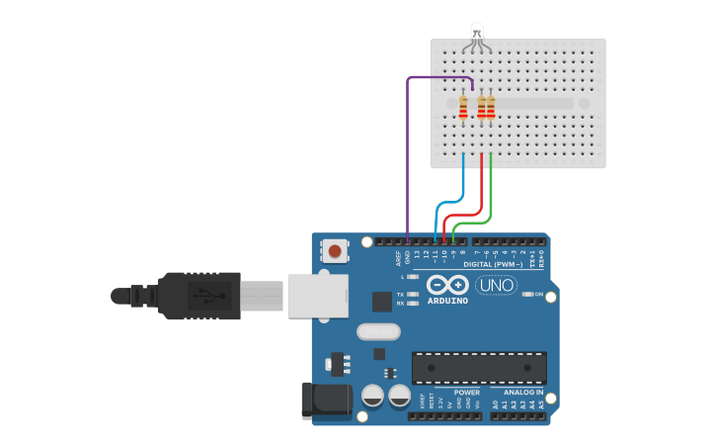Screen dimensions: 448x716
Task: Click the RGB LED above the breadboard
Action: (x=476, y=34)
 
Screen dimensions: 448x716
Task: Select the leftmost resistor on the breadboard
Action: (x=463, y=106)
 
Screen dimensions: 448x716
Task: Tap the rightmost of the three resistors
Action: (x=491, y=106)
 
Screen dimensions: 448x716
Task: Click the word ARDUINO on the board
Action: (x=447, y=301)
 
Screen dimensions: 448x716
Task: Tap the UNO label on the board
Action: (x=496, y=286)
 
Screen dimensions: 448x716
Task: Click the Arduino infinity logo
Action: (x=447, y=285)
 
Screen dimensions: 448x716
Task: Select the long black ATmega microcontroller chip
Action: (x=479, y=367)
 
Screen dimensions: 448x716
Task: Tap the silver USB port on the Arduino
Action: (x=317, y=296)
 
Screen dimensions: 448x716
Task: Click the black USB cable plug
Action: (x=198, y=296)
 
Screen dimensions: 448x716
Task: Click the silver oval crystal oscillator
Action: (x=375, y=331)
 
